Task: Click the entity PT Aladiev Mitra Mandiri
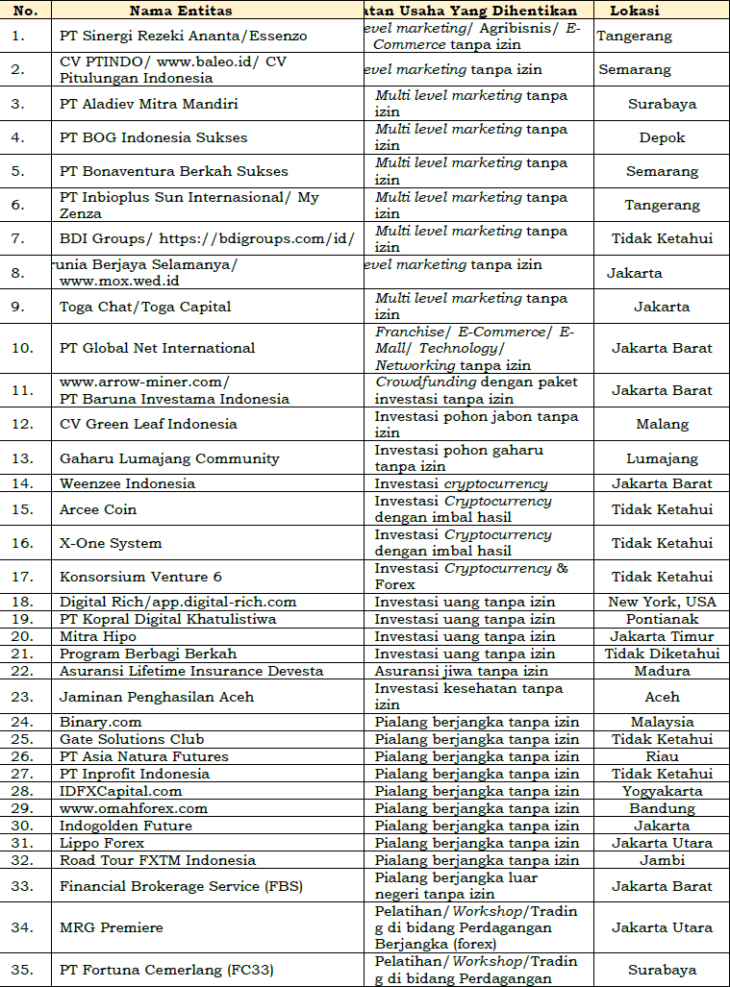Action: [148, 104]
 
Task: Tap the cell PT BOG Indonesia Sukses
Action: [153, 137]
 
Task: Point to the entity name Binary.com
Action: [100, 722]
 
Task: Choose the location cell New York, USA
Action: [662, 602]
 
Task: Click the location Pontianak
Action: [662, 619]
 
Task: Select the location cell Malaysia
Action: [662, 722]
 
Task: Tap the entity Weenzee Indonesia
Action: [127, 483]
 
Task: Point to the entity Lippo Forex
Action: [102, 843]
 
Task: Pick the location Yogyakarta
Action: [662, 791]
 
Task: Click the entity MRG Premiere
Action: [111, 927]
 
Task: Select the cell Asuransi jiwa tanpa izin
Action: [461, 671]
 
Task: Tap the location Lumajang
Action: [662, 458]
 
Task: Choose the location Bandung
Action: [662, 808]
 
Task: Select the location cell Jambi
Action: [662, 860]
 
